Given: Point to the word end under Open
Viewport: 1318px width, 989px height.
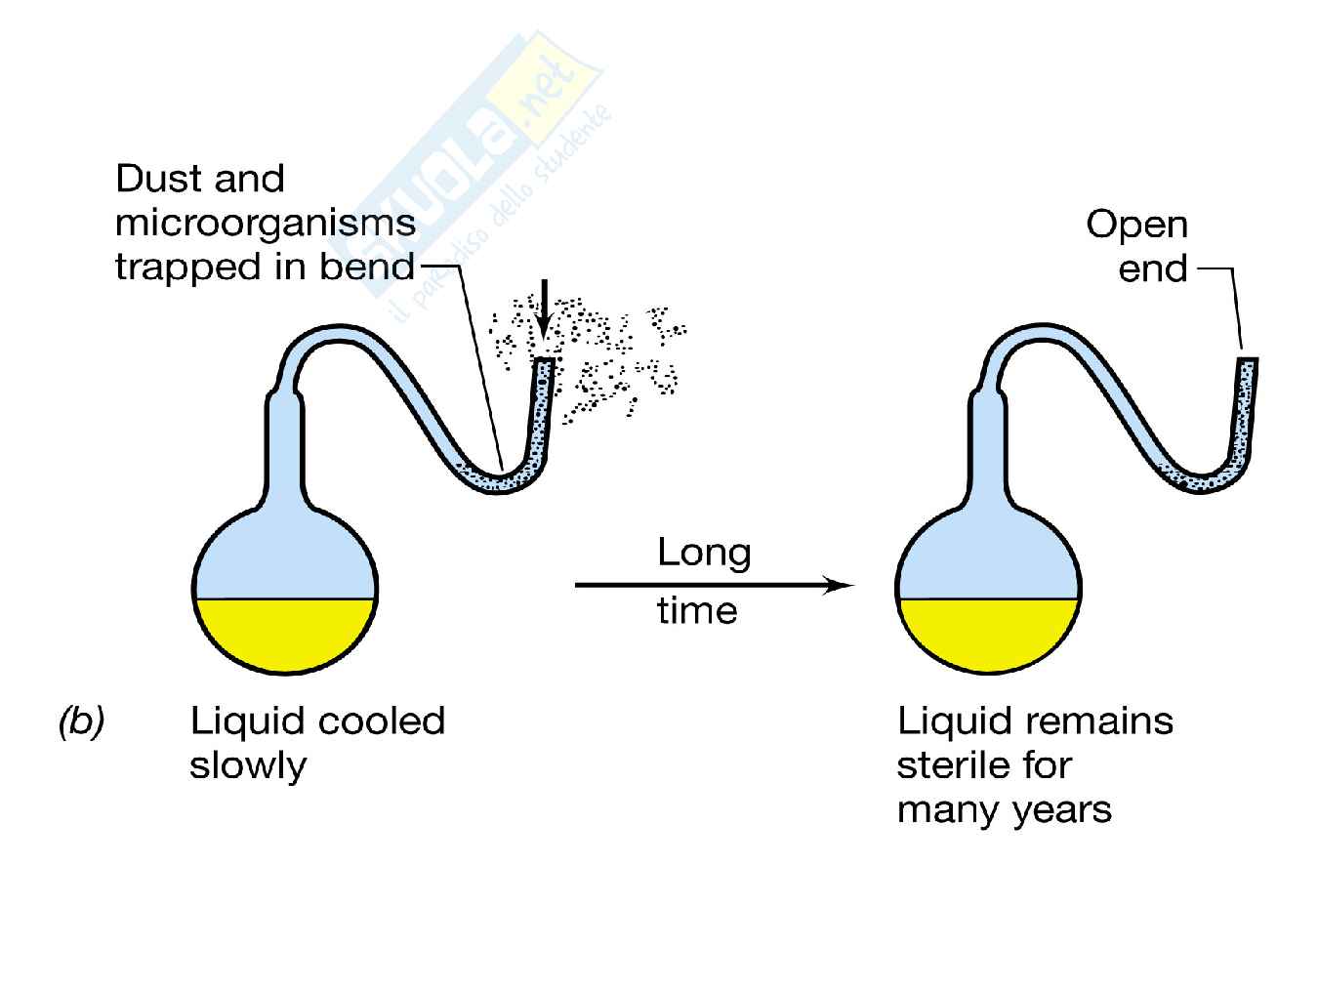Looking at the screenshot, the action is [x=1153, y=268].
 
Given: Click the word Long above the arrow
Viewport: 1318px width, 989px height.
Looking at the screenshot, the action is [x=704, y=554].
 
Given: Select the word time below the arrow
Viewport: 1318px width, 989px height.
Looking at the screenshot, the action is [x=697, y=611].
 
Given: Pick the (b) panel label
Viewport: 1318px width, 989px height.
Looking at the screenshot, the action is [x=82, y=721].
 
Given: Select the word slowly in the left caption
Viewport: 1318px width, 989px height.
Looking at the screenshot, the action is [x=248, y=766].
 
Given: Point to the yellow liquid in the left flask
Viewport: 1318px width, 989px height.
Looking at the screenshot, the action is [x=285, y=634].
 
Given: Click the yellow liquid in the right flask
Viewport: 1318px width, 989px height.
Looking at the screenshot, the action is [x=988, y=634].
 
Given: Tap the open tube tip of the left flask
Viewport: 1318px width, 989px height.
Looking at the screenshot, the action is [x=544, y=360].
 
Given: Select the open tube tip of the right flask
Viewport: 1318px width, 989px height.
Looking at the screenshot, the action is [x=1247, y=360].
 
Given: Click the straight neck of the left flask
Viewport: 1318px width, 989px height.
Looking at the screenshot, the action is [x=284, y=450].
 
